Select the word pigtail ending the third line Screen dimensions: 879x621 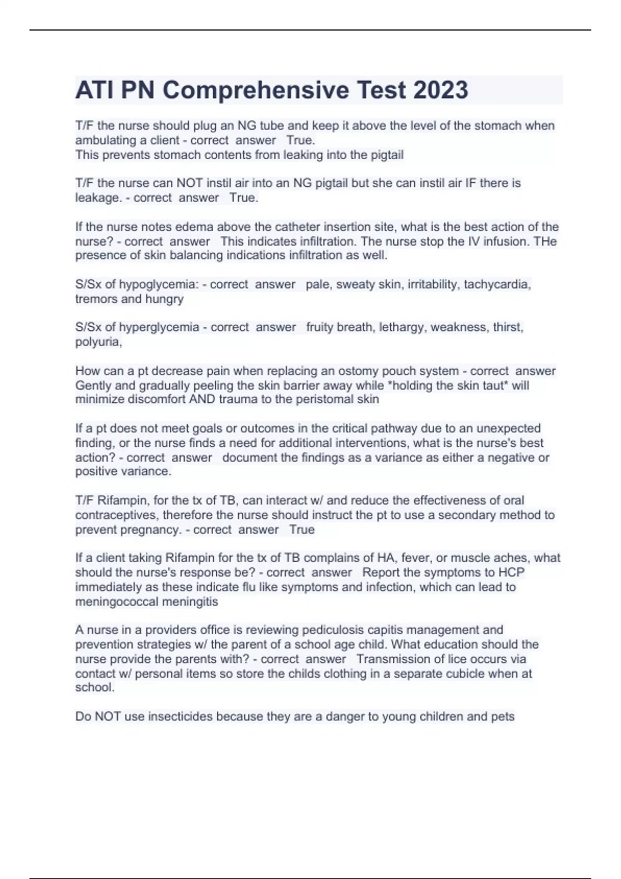click(385, 155)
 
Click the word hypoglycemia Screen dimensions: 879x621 click(159, 284)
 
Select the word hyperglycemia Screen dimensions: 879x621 click(159, 327)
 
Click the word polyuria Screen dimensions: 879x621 click(98, 342)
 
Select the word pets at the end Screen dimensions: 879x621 click(503, 717)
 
